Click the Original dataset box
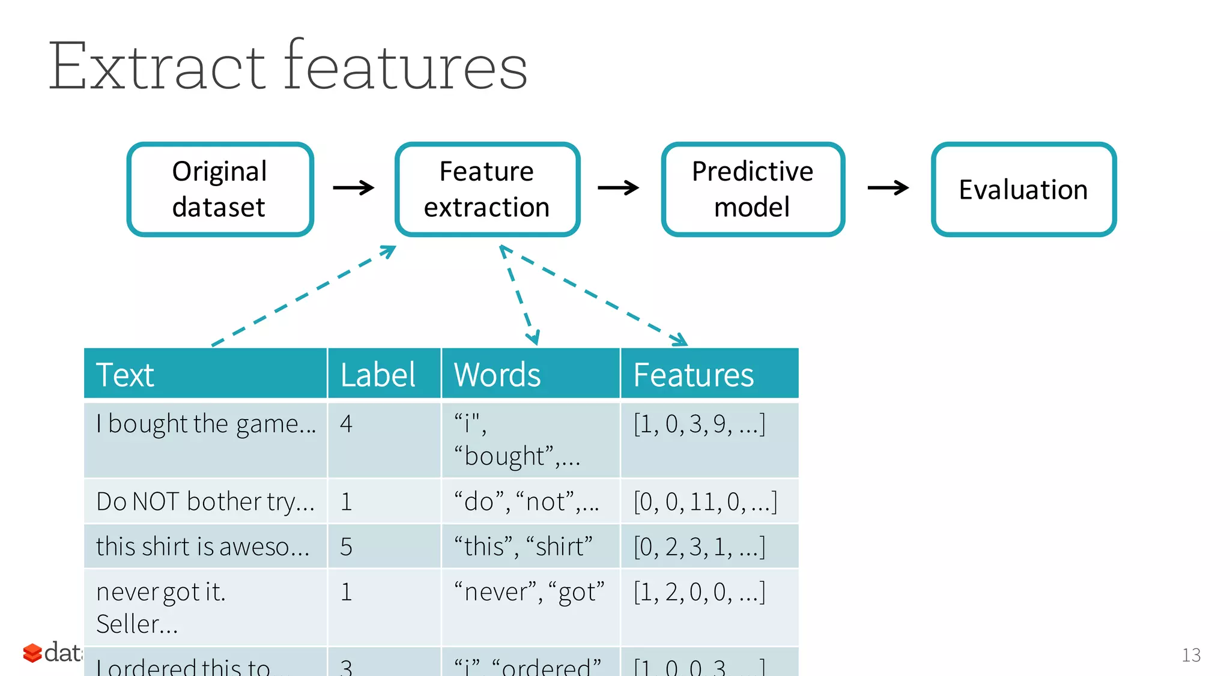pyautogui.click(x=220, y=189)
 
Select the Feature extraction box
pyautogui.click(x=487, y=189)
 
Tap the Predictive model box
pyautogui.click(x=753, y=189)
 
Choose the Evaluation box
pyautogui.click(x=1023, y=189)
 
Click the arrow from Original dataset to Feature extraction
pyautogui.click(x=354, y=188)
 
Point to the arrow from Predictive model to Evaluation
pyautogui.click(x=888, y=188)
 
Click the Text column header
pyautogui.click(x=125, y=375)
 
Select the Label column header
pyautogui.click(x=378, y=375)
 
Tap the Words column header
pyautogui.click(x=497, y=375)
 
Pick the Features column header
pyautogui.click(x=694, y=375)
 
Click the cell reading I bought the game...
pyautogui.click(x=205, y=424)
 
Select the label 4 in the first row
pyautogui.click(x=346, y=424)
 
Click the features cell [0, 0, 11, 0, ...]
pyautogui.click(x=705, y=501)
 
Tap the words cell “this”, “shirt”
pyautogui.click(x=523, y=546)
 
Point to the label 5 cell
pyautogui.click(x=346, y=546)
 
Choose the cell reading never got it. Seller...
pyautogui.click(x=161, y=607)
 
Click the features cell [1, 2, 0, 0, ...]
pyautogui.click(x=700, y=592)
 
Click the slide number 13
pyautogui.click(x=1191, y=655)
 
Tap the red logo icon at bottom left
pyautogui.click(x=32, y=653)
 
